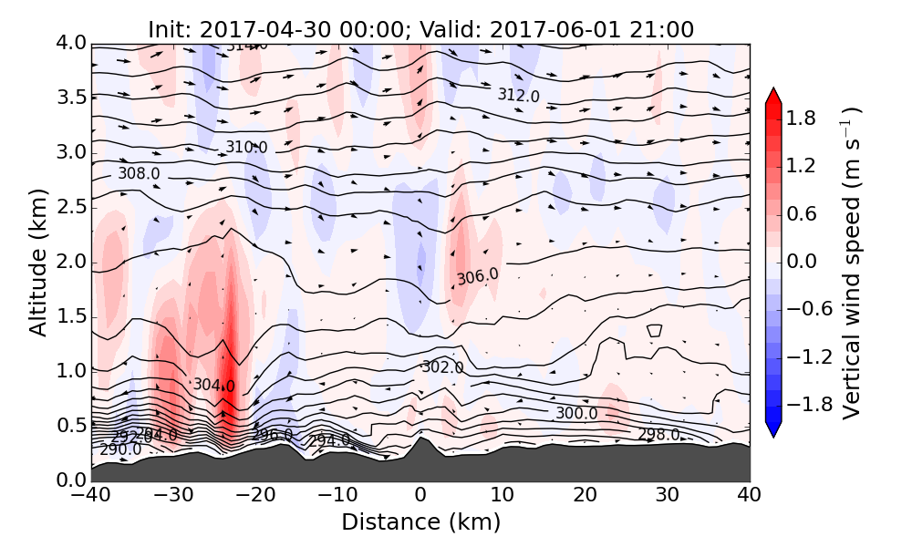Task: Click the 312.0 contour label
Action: (x=518, y=95)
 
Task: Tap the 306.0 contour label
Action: (x=478, y=276)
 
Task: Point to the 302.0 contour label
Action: (x=442, y=367)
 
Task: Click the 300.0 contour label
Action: (x=576, y=413)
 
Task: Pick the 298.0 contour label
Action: (x=658, y=435)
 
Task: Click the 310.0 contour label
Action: (x=246, y=147)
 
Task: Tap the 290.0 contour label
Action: (x=120, y=449)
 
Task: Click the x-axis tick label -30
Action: (x=172, y=496)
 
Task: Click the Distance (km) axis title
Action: (x=420, y=522)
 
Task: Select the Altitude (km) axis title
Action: (x=37, y=262)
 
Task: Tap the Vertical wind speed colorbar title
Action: (x=851, y=263)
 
